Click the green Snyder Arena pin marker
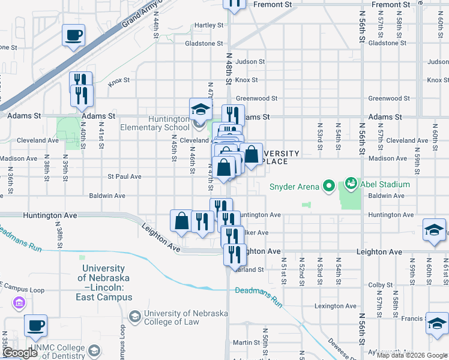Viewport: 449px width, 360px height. coord(328,187)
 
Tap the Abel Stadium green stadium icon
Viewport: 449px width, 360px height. coord(351,183)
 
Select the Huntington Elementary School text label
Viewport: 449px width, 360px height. coord(154,123)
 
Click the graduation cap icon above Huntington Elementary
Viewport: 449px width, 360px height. coord(200,109)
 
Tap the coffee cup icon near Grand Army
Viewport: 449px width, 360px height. coord(73,35)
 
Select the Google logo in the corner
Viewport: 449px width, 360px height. coord(19,353)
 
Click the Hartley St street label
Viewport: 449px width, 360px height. coord(209,25)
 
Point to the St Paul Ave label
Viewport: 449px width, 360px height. coord(124,177)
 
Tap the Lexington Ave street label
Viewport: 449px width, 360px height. coord(336,306)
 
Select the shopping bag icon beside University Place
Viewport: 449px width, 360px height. coord(252,154)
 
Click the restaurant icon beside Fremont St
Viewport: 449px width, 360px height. coord(235,4)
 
